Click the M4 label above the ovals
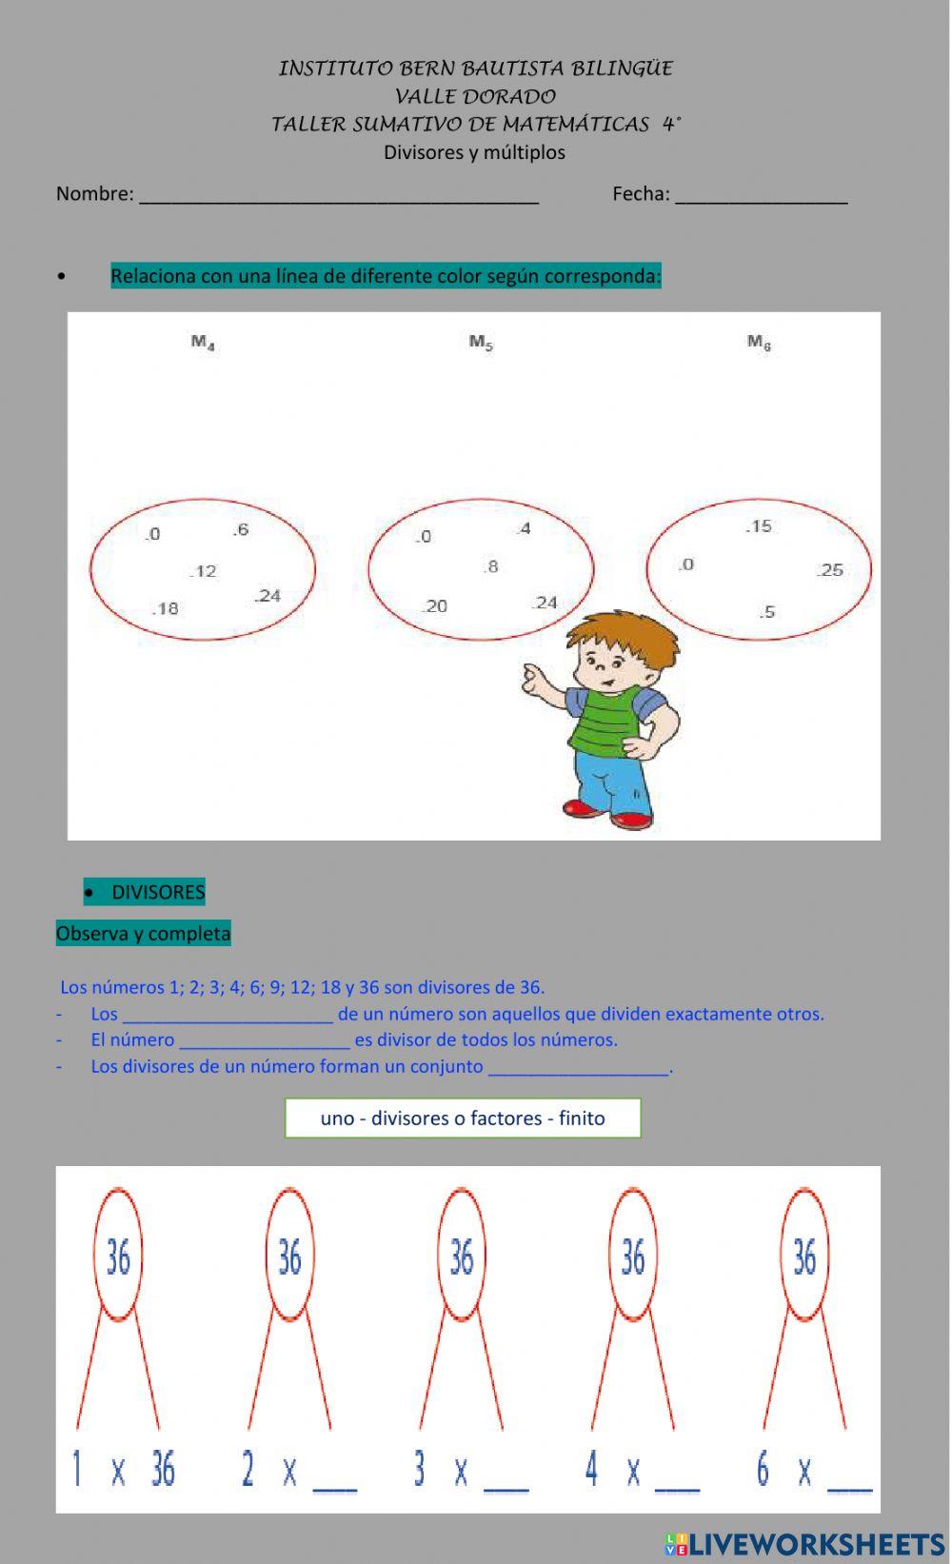coord(203,343)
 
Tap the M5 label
coord(481,343)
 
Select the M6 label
coord(759,343)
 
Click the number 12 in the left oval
coord(203,571)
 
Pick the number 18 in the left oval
coord(166,608)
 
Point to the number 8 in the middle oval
coord(490,566)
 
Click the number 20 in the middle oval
coord(435,606)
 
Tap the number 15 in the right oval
coord(759,526)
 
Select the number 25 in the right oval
coord(830,570)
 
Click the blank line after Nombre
coord(339,196)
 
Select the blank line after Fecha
coord(762,196)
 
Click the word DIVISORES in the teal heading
coord(158,892)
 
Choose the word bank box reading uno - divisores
coord(463,1118)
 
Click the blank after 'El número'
coord(265,1040)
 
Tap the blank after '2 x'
coord(334,1475)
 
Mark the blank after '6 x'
coord(849,1475)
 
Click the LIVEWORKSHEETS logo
coord(804,1543)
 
